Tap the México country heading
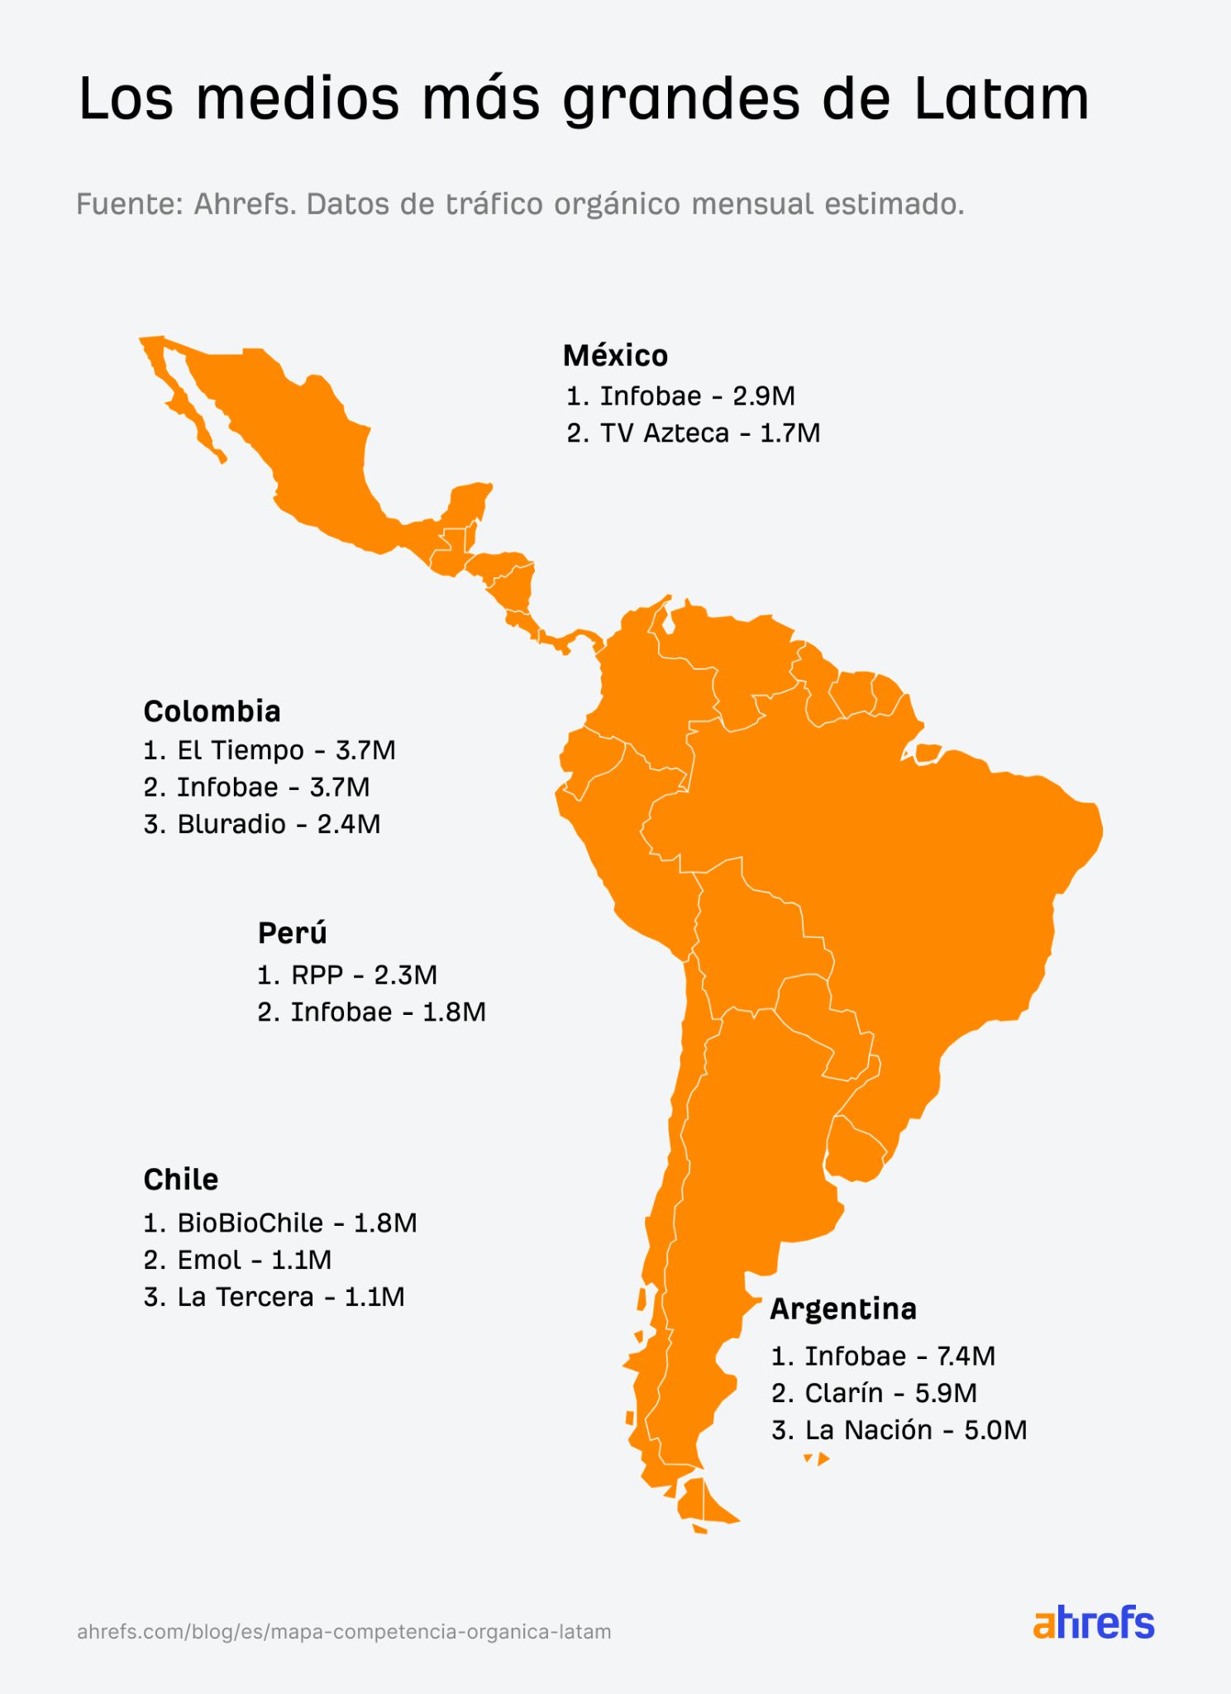(x=615, y=356)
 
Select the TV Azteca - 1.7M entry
(x=693, y=433)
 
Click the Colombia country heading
(x=212, y=711)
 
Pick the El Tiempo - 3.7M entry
(x=270, y=750)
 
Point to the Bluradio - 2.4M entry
(x=262, y=824)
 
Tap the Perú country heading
(x=292, y=933)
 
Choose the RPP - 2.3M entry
(x=347, y=974)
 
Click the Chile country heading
(x=180, y=1180)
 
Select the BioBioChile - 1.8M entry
(x=280, y=1223)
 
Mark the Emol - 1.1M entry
(x=237, y=1260)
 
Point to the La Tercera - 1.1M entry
(x=274, y=1296)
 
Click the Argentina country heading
(x=843, y=1309)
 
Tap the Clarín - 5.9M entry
(x=874, y=1393)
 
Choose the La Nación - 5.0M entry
(x=899, y=1430)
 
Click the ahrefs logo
(x=1093, y=1623)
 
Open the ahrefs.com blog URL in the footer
(x=344, y=1632)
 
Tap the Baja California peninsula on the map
(x=178, y=397)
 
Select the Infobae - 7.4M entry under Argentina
(x=883, y=1356)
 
